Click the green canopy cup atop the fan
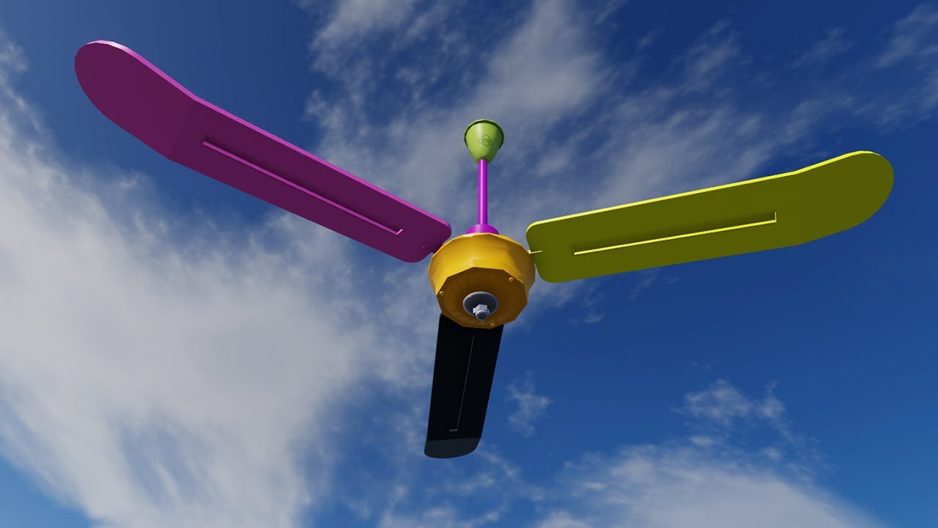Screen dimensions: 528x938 coord(484,141)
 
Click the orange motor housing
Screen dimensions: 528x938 coord(481,268)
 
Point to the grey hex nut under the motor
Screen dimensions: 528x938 coord(481,312)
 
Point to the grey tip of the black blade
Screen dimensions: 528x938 coord(451,447)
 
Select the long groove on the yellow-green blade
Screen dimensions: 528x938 coord(674,233)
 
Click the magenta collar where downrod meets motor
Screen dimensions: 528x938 coord(481,230)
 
